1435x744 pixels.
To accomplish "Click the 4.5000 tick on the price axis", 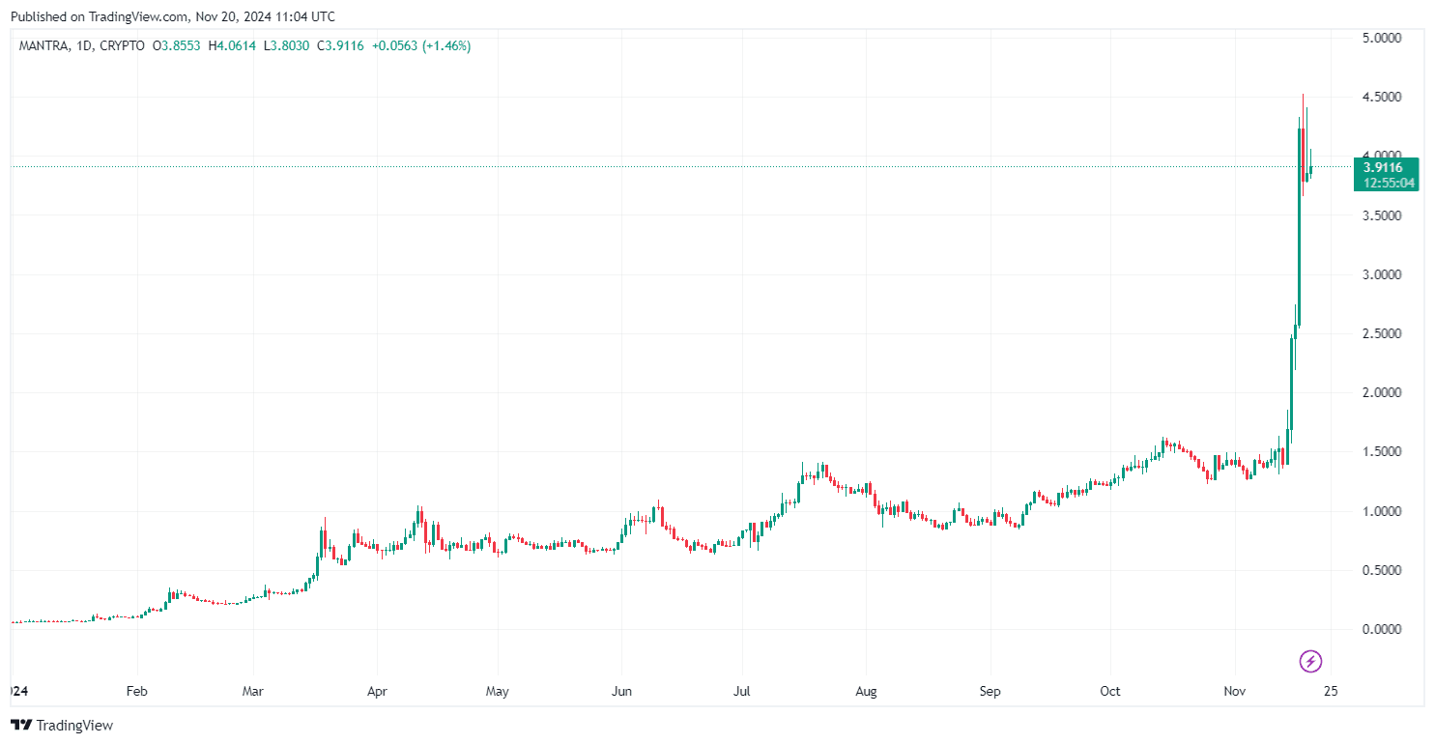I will (x=1382, y=97).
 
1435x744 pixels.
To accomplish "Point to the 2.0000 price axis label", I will (x=1382, y=393).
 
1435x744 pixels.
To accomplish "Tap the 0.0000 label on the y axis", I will (x=1382, y=629).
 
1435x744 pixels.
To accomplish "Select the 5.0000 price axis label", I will (x=1382, y=38).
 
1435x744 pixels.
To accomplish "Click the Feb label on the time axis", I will (x=137, y=692).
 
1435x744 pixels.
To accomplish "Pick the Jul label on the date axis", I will (x=742, y=692).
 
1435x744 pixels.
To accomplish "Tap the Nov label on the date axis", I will (x=1235, y=692).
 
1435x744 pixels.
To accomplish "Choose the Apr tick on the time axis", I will (x=377, y=692).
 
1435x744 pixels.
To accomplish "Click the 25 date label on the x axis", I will (x=1330, y=692).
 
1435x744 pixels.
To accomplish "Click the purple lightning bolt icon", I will (x=1310, y=661).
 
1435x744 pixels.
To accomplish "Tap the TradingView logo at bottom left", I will (x=62, y=725).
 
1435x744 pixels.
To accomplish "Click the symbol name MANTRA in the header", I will (x=43, y=45).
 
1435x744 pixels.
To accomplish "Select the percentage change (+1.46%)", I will (x=444, y=45).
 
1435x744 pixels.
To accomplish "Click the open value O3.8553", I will (x=177, y=45).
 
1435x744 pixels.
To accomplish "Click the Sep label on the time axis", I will (x=990, y=692).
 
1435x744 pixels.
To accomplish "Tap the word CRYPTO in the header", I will (x=123, y=45).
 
